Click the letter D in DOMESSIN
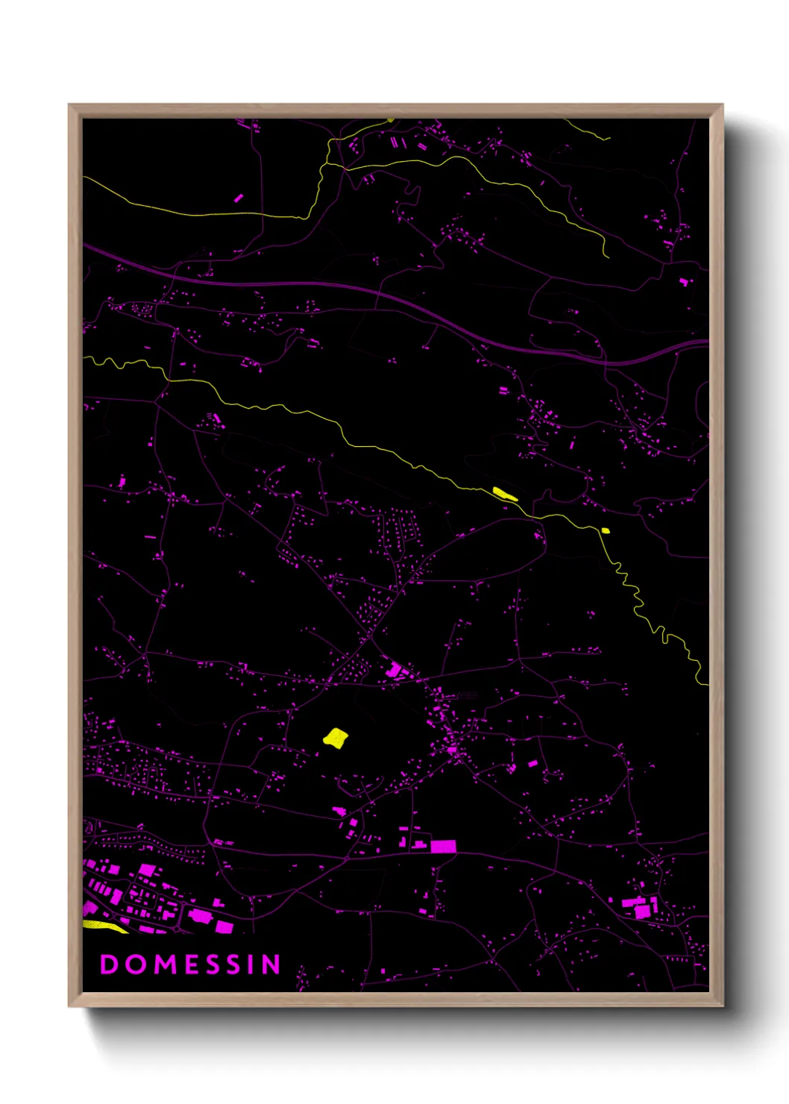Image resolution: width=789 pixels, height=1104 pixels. (109, 965)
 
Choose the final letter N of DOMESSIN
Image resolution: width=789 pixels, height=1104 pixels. (271, 965)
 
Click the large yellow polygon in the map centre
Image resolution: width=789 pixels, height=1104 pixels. (336, 738)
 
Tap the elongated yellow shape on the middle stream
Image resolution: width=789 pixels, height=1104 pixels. (505, 493)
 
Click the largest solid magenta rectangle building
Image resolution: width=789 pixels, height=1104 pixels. (443, 846)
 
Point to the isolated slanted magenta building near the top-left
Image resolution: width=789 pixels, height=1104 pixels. (239, 198)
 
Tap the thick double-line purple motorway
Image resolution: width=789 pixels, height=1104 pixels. (298, 284)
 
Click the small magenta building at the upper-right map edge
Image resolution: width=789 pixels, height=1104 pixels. (683, 281)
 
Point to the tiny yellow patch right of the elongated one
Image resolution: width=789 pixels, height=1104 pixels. (606, 530)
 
